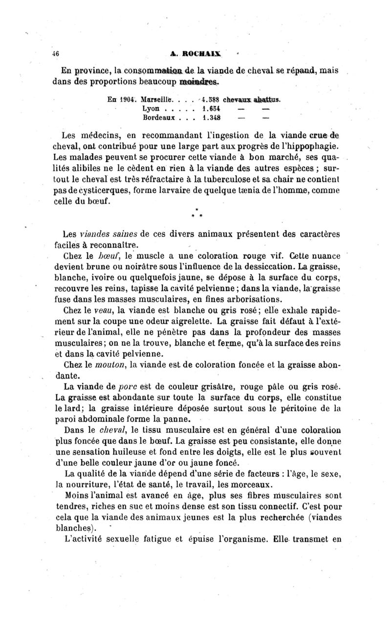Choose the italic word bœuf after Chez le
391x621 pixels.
[x=108, y=255]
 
